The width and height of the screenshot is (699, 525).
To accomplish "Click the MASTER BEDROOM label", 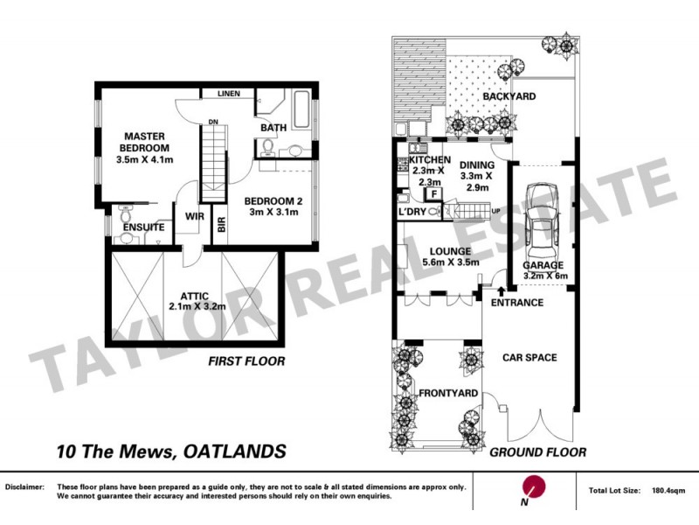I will [x=145, y=142].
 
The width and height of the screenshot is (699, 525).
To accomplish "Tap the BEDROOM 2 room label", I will [x=273, y=200].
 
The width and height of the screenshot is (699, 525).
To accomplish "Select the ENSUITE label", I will [x=144, y=227].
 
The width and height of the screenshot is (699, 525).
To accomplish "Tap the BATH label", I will [x=273, y=128].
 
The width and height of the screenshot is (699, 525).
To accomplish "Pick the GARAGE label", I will [x=543, y=265].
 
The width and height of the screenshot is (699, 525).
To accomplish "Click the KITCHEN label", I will [x=430, y=161].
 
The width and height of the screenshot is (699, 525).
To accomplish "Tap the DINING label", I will [x=477, y=164].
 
